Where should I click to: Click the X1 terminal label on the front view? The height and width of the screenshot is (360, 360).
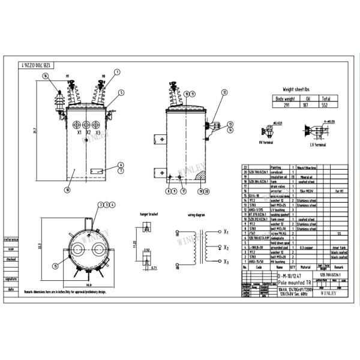tap(79, 133)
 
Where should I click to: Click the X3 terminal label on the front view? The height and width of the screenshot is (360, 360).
tap(98, 133)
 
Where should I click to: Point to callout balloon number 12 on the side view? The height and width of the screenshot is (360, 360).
tap(224, 92)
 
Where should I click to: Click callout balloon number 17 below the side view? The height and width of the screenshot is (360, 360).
tap(184, 191)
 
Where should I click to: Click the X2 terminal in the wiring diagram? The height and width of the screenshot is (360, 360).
tap(226, 247)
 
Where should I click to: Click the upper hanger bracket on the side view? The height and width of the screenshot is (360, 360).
tap(160, 139)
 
